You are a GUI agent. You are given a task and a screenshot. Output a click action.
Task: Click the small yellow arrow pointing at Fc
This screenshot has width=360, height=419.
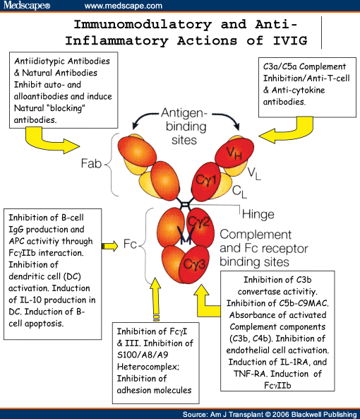(111, 246)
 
